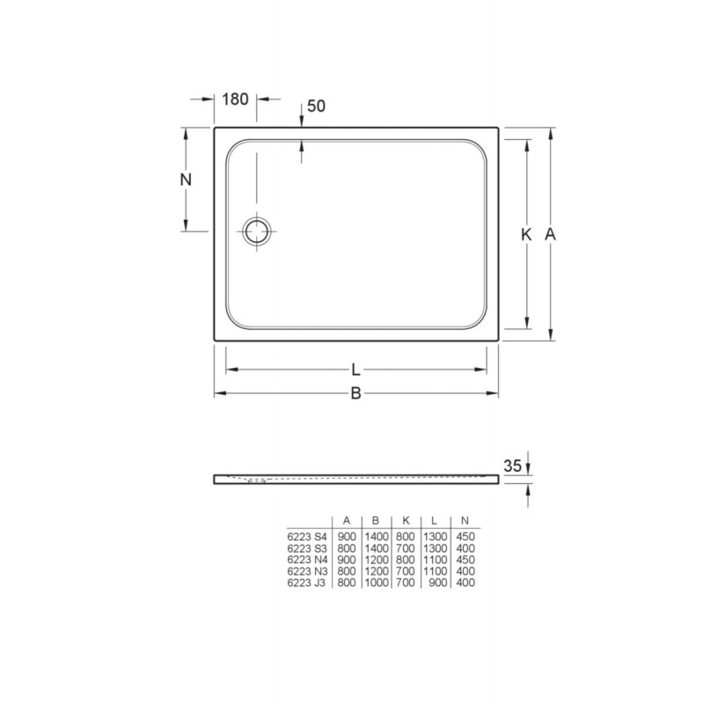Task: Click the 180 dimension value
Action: coord(235,99)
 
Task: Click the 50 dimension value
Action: coord(316,106)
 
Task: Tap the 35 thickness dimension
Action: coord(512,466)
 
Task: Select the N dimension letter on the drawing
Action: coord(186,180)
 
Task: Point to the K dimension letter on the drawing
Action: coord(525,234)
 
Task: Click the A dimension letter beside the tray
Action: coord(550,234)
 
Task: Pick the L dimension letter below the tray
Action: coord(356,370)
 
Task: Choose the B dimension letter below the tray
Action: coord(356,393)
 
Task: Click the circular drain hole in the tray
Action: coord(257,231)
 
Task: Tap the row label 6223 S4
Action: coord(307,537)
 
